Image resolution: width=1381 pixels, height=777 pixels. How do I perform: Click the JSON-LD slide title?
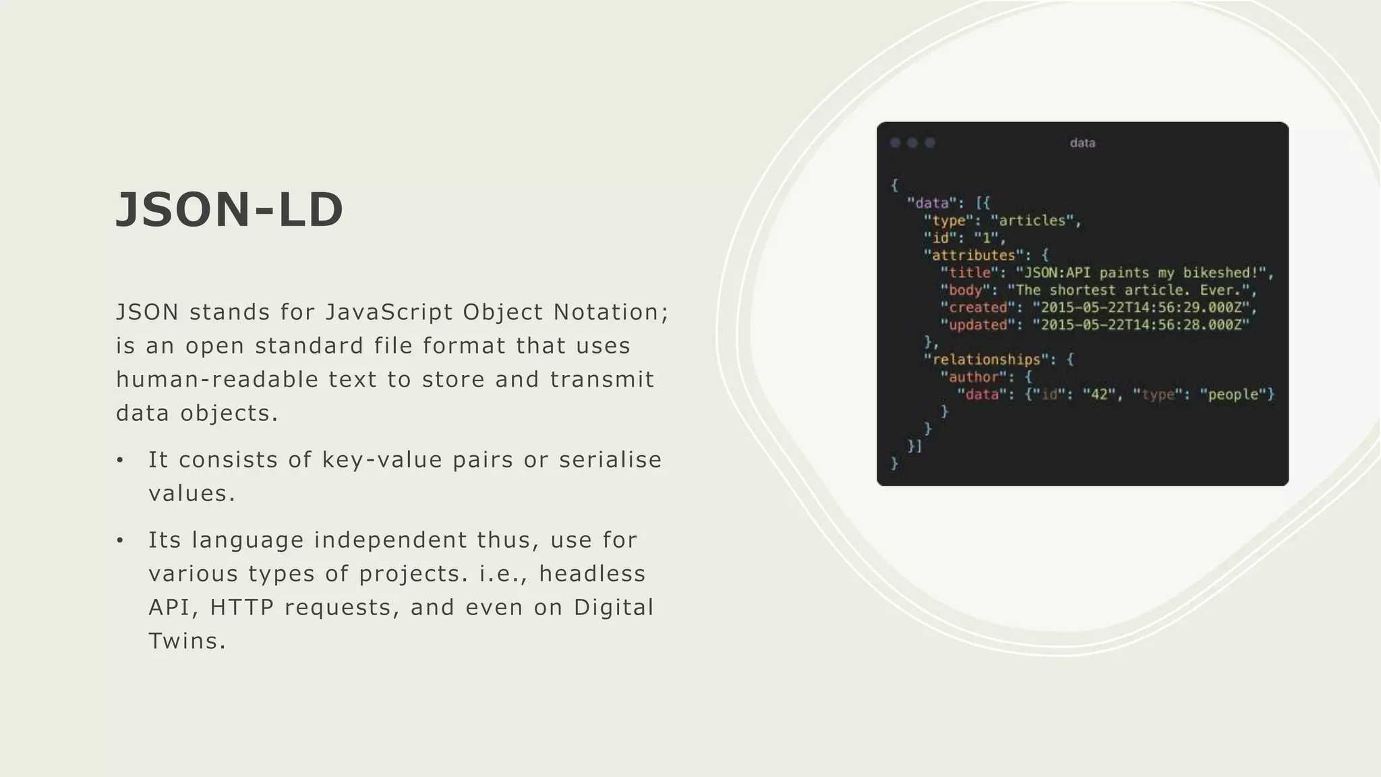point(230,210)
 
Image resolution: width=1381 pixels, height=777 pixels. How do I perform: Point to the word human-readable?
point(216,380)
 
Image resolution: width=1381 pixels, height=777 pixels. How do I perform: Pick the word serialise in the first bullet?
point(610,460)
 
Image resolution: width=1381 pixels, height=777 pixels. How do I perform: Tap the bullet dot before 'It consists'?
point(120,461)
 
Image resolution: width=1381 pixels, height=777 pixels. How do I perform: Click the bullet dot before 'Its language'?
point(120,541)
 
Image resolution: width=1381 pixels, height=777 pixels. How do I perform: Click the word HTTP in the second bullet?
point(241,608)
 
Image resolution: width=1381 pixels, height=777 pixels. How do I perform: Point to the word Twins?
point(187,641)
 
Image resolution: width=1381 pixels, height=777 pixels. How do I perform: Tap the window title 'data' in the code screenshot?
point(1082,143)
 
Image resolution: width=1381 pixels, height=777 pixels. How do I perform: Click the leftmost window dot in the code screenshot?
point(895,143)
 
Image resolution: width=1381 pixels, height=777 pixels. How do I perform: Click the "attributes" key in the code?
point(973,256)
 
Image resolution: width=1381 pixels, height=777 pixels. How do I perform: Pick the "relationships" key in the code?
point(986,359)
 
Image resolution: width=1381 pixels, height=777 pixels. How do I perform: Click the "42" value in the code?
point(1099,395)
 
